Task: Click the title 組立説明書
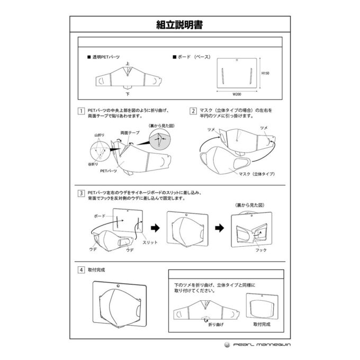[x=179, y=24]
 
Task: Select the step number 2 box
[x=194, y=111]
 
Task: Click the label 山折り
[x=100, y=136]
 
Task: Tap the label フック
[x=260, y=249]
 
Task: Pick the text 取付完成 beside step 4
[x=97, y=269]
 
